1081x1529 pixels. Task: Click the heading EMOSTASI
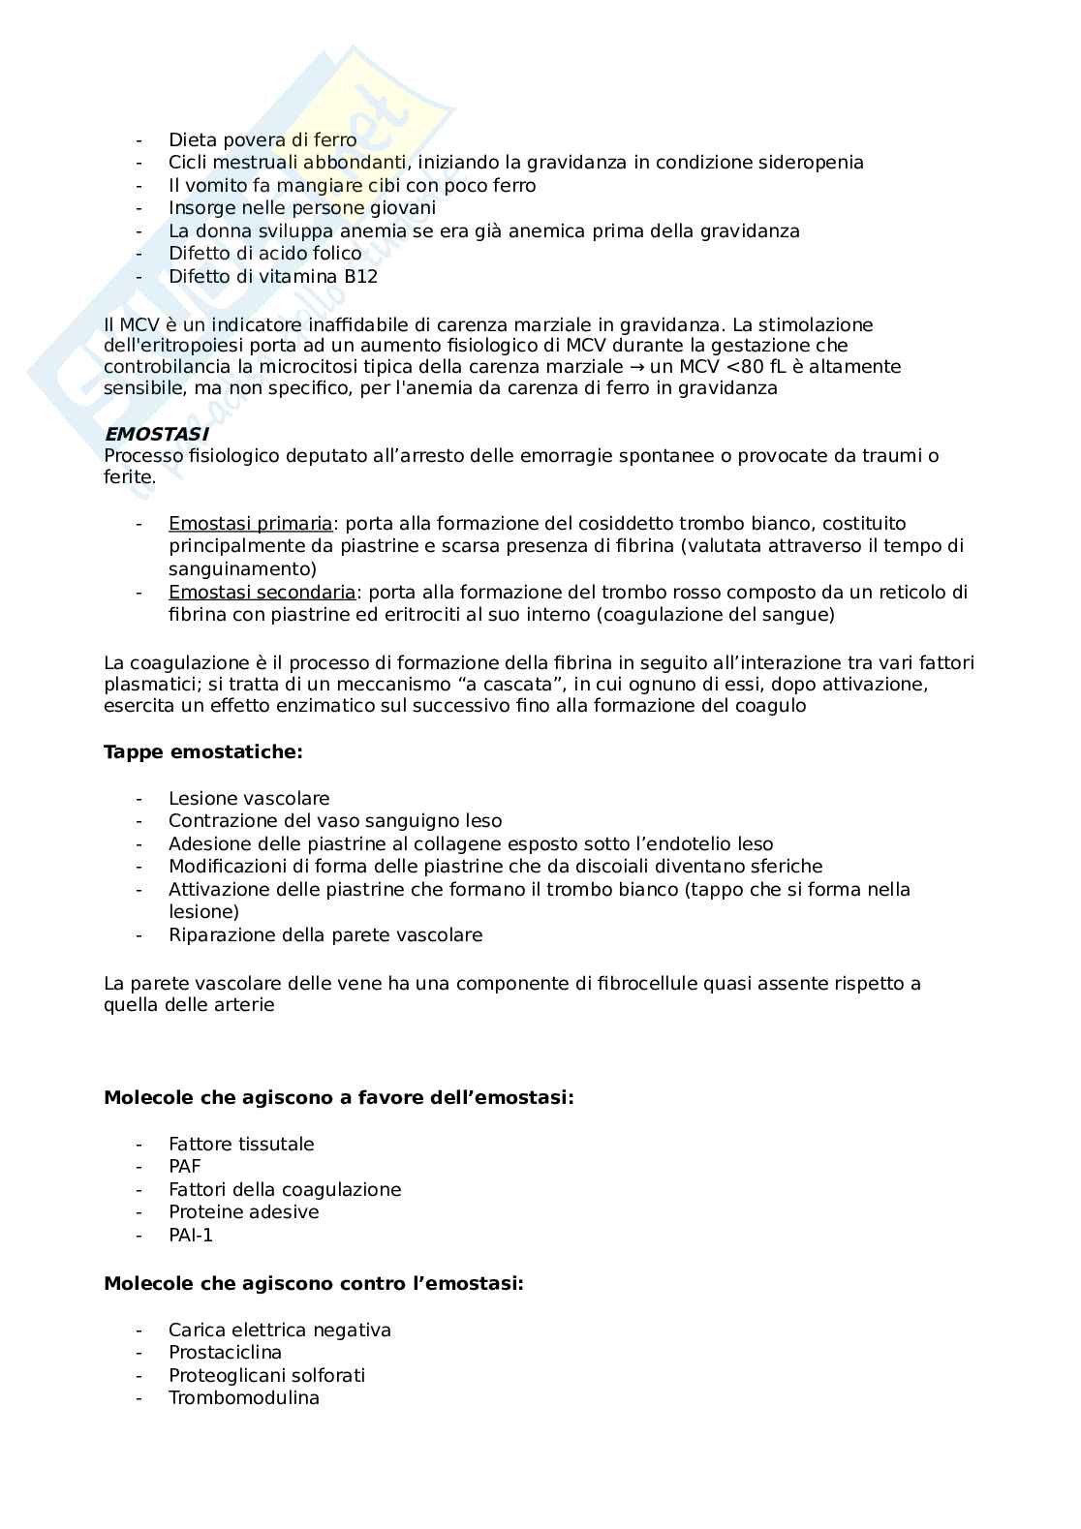(x=155, y=435)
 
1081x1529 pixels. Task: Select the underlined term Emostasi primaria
(x=250, y=524)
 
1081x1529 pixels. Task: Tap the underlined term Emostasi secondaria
(x=262, y=593)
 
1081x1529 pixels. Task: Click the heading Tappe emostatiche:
(x=202, y=752)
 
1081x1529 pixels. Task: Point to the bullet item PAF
(x=184, y=1167)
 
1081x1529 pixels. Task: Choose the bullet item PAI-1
(x=191, y=1236)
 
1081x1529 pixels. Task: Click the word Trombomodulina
(x=243, y=1398)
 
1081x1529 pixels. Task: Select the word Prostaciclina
(x=225, y=1353)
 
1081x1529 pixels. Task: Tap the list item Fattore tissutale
(x=241, y=1145)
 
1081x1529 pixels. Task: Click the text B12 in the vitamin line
(x=360, y=277)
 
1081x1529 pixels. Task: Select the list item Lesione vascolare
(x=249, y=799)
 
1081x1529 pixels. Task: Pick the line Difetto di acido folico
(x=264, y=254)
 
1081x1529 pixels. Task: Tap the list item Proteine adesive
(x=243, y=1212)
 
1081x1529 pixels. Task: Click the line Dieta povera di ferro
(x=263, y=140)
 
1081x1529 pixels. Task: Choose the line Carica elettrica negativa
(x=279, y=1330)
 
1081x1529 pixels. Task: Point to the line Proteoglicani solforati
(x=266, y=1376)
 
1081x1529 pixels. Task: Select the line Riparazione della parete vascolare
(x=325, y=935)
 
